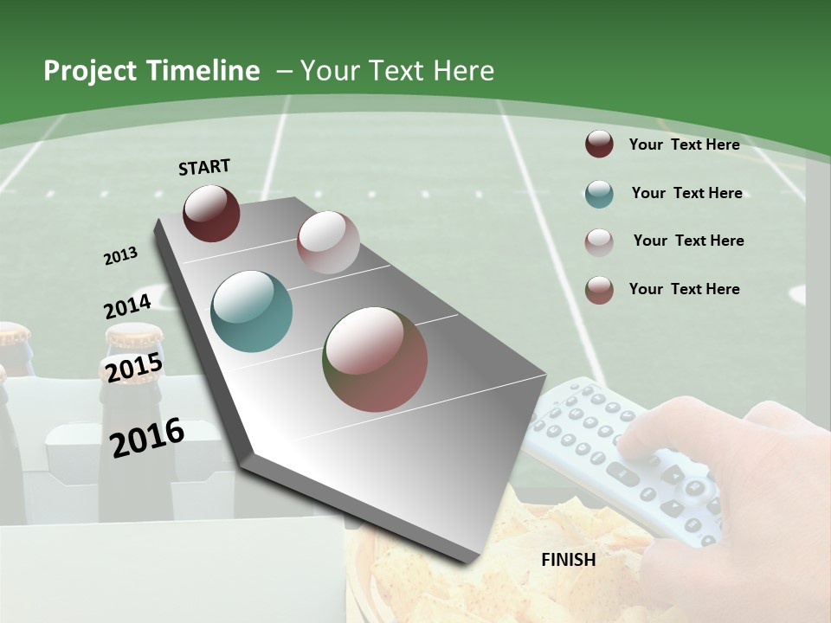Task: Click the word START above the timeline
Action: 204,167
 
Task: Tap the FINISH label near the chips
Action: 568,560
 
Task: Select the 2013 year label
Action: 120,256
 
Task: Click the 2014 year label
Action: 127,306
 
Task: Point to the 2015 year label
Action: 133,367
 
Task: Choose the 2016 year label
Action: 147,437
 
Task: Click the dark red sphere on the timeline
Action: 211,213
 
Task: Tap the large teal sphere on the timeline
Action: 251,311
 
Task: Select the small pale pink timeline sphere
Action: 328,242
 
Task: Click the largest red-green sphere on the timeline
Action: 375,359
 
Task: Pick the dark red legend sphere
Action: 599,145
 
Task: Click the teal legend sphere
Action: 599,194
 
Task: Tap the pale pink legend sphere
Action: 599,242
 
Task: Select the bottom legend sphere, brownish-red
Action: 599,290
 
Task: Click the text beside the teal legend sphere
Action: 686,193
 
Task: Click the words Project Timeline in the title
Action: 151,71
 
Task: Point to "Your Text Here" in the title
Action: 397,71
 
